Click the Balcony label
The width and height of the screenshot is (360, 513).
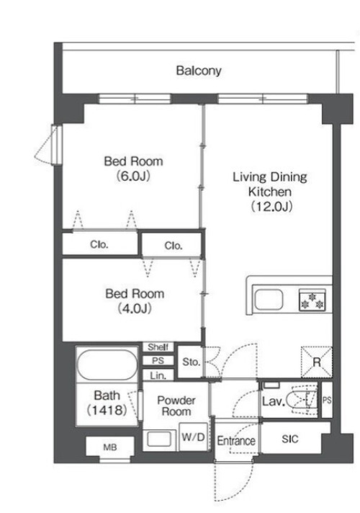pyautogui.click(x=199, y=71)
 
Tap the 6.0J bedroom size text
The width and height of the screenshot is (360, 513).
pyautogui.click(x=133, y=177)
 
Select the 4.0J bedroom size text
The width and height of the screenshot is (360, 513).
pyautogui.click(x=135, y=308)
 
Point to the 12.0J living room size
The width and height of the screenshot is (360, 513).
pyautogui.click(x=271, y=207)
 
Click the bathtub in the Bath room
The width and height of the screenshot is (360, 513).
pyautogui.click(x=107, y=365)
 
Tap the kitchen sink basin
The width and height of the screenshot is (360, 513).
pyautogui.click(x=269, y=299)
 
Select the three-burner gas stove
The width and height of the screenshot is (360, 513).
pyautogui.click(x=312, y=300)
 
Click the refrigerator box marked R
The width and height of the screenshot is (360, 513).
pyautogui.click(x=316, y=362)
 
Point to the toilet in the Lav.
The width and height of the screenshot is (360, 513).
pyautogui.click(x=301, y=399)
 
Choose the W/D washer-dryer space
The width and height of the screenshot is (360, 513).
pyautogui.click(x=193, y=437)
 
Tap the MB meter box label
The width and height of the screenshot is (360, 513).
pyautogui.click(x=110, y=447)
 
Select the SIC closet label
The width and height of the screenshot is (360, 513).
pyautogui.click(x=290, y=439)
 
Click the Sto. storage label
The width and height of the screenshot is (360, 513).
pyautogui.click(x=191, y=362)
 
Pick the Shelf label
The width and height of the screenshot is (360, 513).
pyautogui.click(x=158, y=347)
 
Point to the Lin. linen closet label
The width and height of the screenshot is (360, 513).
pyautogui.click(x=158, y=376)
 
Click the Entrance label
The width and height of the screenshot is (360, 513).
pyautogui.click(x=236, y=441)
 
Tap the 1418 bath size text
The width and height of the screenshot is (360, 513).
pyautogui.click(x=107, y=410)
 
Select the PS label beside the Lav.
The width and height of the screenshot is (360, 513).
pyautogui.click(x=327, y=400)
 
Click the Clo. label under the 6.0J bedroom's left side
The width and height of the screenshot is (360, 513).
pyautogui.click(x=99, y=245)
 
